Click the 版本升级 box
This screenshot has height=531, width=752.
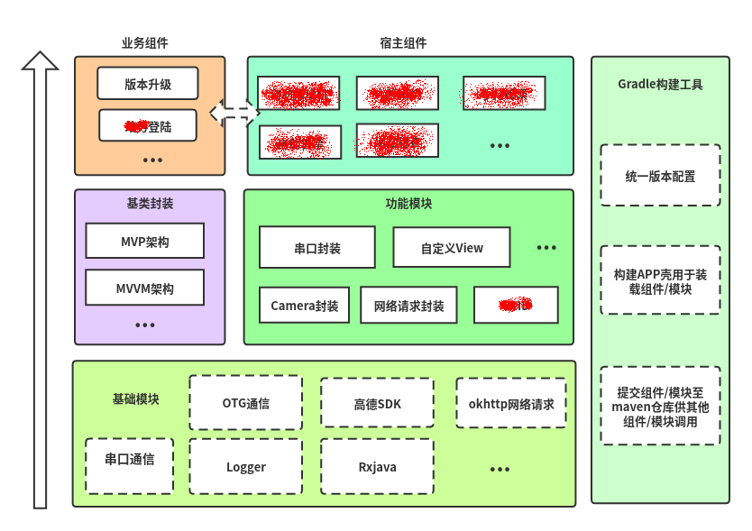click(x=148, y=84)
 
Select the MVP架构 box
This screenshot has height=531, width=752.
click(x=145, y=241)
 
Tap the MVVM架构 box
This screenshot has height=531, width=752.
click(x=145, y=288)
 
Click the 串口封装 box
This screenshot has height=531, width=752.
click(x=316, y=247)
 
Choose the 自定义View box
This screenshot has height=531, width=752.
click(x=452, y=247)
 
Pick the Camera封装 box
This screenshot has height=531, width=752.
click(x=305, y=306)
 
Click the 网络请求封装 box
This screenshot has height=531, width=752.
click(x=408, y=306)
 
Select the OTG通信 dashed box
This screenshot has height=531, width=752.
click(x=245, y=403)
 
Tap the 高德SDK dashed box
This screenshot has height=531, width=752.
click(x=377, y=403)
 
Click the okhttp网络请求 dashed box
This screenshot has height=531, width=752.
click(x=511, y=403)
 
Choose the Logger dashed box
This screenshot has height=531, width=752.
click(x=245, y=466)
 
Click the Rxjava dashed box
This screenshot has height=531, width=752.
click(x=377, y=466)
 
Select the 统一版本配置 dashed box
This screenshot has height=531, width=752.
click(x=660, y=176)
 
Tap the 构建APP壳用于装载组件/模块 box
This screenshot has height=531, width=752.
click(x=660, y=280)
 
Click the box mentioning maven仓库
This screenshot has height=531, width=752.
click(x=660, y=406)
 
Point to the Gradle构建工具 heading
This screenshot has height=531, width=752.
click(x=660, y=85)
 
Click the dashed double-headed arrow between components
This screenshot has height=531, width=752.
click(x=234, y=113)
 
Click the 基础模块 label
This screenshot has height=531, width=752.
click(x=135, y=398)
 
